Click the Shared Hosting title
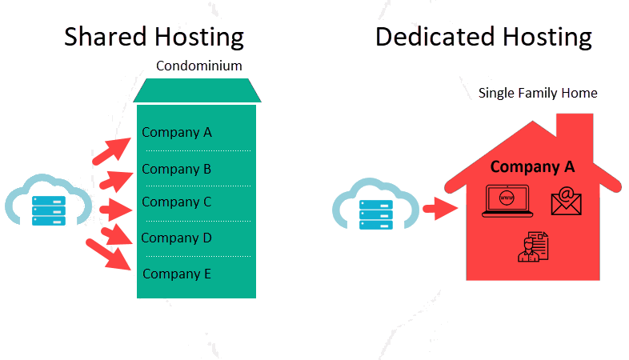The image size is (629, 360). click(x=154, y=36)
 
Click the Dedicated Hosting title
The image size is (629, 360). click(x=483, y=36)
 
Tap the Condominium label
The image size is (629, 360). click(x=198, y=66)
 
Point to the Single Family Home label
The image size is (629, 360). click(x=538, y=93)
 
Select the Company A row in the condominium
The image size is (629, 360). click(x=177, y=132)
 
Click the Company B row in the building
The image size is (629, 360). click(x=177, y=169)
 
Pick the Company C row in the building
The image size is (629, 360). click(x=177, y=202)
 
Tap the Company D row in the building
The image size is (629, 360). click(x=177, y=238)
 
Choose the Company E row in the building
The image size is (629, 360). click(x=177, y=274)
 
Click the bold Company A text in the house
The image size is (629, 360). click(x=532, y=166)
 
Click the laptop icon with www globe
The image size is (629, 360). click(x=506, y=201)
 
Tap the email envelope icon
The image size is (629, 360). click(x=566, y=201)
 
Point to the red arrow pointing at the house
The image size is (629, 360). click(x=439, y=210)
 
